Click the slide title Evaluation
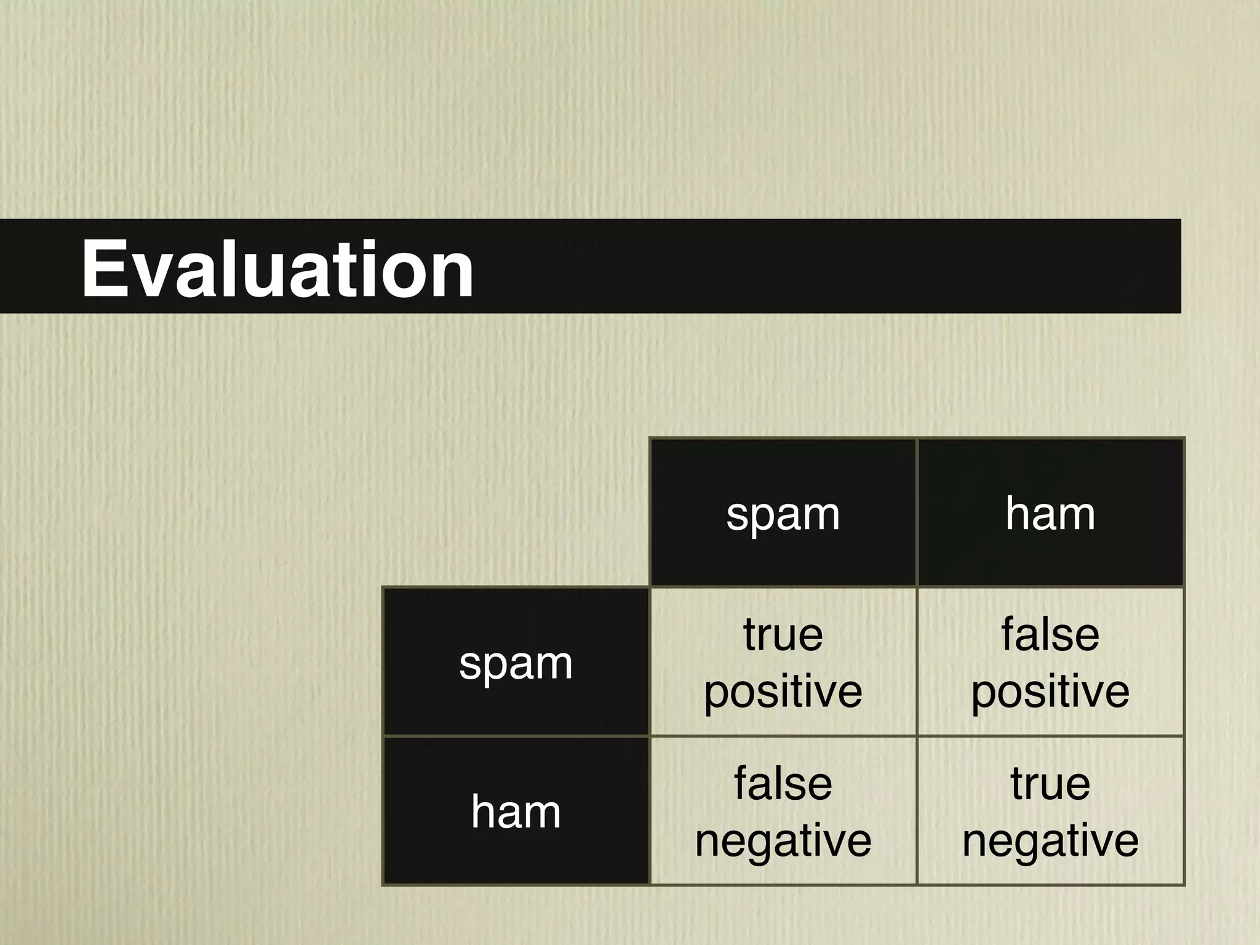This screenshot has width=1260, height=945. tap(277, 269)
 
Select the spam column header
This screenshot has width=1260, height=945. tap(783, 513)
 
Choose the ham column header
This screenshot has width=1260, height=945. tap(1050, 513)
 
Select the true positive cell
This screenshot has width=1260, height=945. tap(783, 662)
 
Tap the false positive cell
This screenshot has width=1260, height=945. tap(1050, 662)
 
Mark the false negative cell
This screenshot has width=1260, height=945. tap(783, 811)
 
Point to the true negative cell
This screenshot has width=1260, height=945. tap(1050, 811)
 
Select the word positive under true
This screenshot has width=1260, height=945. tap(783, 692)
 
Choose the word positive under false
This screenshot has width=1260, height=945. tap(1050, 692)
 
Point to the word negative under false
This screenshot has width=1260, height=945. tap(783, 840)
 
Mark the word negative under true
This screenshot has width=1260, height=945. tap(1050, 840)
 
